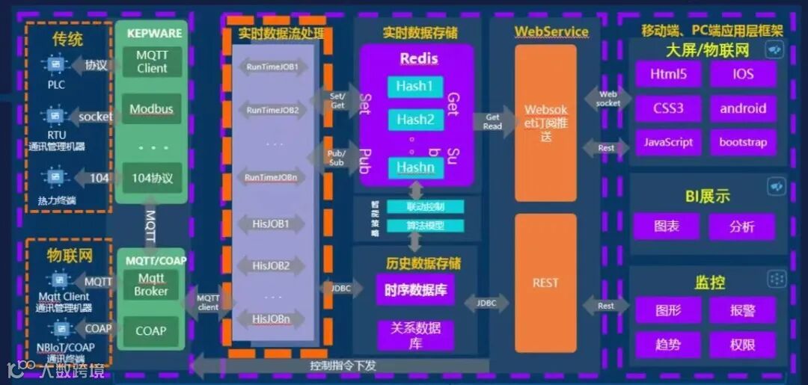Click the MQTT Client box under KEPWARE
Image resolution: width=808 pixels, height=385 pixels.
pos(152,62)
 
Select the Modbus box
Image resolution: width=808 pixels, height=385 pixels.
pos(151,109)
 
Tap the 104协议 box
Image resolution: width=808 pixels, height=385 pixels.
pos(152,178)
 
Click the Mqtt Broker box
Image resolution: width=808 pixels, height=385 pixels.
pos(151,285)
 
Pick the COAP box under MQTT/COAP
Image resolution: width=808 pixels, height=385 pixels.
pos(151,330)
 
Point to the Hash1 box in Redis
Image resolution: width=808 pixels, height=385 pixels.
pos(414,87)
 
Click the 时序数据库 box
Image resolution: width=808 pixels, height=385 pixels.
pos(415,289)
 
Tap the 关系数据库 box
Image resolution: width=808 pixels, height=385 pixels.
pos(415,335)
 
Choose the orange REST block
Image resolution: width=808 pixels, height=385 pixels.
pos(545,283)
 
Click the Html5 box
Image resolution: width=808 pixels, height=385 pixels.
pos(667,75)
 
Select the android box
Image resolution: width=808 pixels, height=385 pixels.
pos(743,108)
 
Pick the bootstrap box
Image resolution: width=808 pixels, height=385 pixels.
pos(743,142)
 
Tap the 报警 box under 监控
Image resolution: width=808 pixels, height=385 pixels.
pos(743,309)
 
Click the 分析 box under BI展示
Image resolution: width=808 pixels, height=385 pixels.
pos(743,226)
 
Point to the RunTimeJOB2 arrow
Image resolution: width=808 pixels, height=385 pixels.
pos(272,111)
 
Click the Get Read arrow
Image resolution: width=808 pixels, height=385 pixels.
pos(494,122)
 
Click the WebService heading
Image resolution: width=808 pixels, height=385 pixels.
pos(551,31)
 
